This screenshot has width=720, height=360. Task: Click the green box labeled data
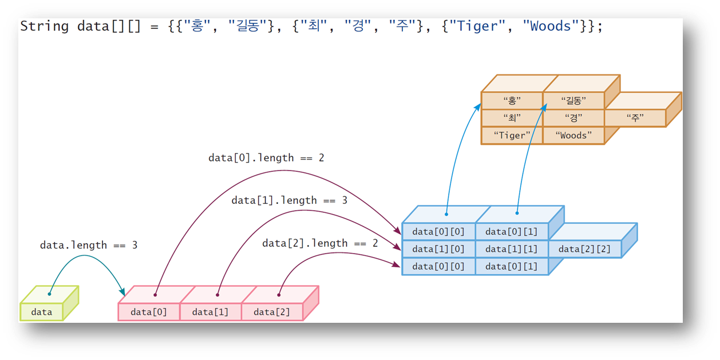[x=42, y=312]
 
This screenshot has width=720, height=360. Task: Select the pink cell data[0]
[x=149, y=312]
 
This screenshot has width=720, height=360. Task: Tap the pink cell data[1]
[x=210, y=312]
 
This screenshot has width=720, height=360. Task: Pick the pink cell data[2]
[x=272, y=312]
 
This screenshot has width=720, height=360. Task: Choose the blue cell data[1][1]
[x=511, y=249]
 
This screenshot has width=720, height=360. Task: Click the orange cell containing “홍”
[x=512, y=101]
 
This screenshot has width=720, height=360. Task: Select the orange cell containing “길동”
[x=573, y=101]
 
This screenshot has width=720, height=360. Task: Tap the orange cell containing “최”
[x=512, y=118]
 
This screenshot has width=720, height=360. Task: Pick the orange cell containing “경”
[x=573, y=118]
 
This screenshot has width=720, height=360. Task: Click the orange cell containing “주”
[x=635, y=118]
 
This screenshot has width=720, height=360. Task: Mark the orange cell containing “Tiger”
[x=512, y=136]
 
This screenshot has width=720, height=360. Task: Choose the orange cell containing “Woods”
[x=573, y=136]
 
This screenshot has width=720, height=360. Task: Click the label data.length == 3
[x=89, y=245]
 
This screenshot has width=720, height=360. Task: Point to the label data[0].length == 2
[x=266, y=157]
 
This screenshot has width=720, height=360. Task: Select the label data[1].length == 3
[x=289, y=200]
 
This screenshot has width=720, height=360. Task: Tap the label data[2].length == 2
[x=320, y=243]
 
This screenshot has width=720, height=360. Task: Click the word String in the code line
[x=45, y=26]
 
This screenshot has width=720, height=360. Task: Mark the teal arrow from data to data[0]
[x=86, y=258]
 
